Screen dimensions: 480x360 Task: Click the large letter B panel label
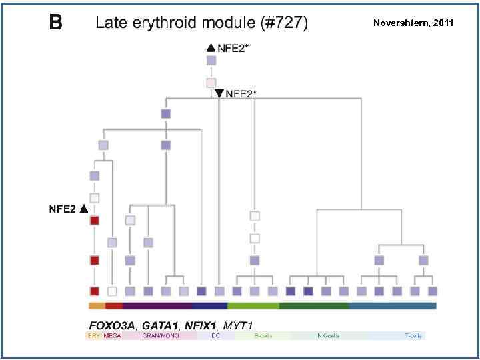[56, 23]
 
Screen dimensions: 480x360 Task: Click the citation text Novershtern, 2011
[413, 23]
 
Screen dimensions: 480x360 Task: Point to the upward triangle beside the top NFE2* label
[211, 47]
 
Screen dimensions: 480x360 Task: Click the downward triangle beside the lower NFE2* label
[219, 93]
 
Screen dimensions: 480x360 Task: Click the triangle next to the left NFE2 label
[83, 209]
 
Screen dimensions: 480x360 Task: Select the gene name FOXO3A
[111, 325]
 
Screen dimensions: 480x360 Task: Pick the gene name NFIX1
[201, 325]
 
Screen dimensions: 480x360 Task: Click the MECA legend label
[112, 336]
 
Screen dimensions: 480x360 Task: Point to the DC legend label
[215, 336]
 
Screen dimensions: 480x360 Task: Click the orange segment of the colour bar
[97, 306]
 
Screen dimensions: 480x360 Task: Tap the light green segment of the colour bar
[253, 306]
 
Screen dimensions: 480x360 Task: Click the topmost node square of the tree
[211, 61]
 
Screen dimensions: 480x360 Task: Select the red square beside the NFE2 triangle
[95, 221]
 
